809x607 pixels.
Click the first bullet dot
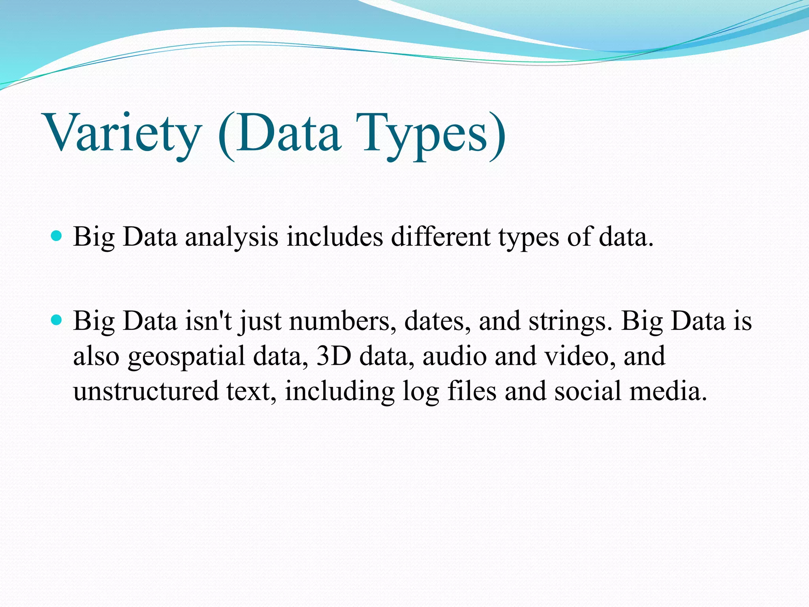pyautogui.click(x=57, y=236)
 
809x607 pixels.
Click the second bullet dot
pyautogui.click(x=57, y=320)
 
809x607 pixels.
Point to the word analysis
pyautogui.click(x=231, y=237)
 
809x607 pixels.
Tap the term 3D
pyautogui.click(x=334, y=356)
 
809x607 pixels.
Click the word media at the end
pyautogui.click(x=668, y=391)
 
